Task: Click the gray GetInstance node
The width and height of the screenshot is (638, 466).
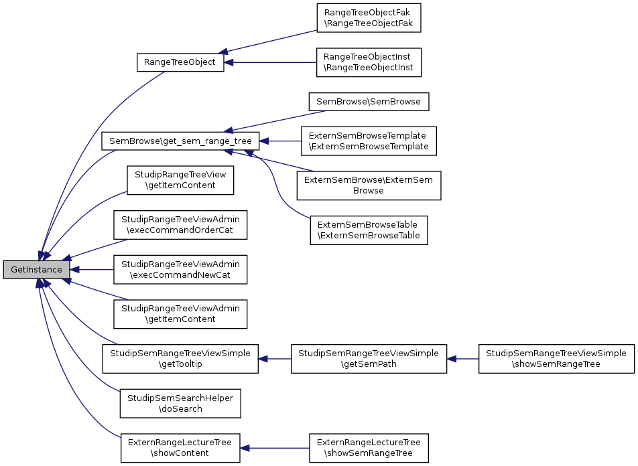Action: [37, 270]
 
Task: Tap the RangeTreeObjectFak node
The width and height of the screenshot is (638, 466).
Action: [368, 17]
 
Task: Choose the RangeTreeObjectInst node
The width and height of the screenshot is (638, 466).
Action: [368, 62]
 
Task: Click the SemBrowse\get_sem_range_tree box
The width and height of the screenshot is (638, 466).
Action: [180, 141]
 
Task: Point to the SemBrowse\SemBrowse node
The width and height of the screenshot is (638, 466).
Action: [368, 102]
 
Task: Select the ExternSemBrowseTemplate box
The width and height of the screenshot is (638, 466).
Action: [368, 141]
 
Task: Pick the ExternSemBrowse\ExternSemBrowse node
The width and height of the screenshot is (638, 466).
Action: [368, 185]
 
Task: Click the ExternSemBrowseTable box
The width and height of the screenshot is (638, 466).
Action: [368, 230]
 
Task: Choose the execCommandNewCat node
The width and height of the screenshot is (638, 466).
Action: [180, 270]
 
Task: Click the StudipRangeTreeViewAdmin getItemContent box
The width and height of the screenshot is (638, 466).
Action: [180, 314]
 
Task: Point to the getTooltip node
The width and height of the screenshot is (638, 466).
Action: [180, 359]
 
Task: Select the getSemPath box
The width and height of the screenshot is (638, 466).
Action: [368, 359]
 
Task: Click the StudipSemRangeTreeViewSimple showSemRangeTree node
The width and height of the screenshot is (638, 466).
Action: [556, 359]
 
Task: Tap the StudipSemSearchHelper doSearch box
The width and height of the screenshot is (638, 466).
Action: [180, 403]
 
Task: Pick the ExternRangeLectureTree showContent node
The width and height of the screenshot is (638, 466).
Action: [180, 448]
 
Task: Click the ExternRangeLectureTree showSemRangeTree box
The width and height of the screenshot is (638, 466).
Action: [368, 448]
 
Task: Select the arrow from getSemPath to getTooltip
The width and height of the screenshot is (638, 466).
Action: [275, 359]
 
